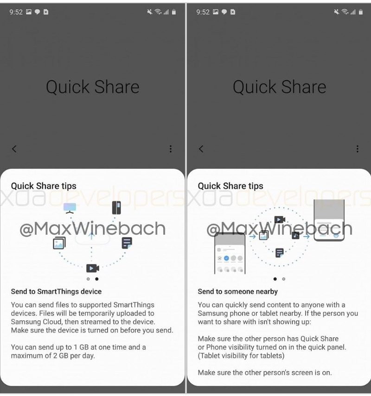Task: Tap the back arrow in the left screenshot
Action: [x=14, y=149]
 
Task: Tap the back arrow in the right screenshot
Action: [x=201, y=149]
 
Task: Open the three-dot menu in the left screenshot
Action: [x=171, y=149]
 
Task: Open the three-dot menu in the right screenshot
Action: [x=358, y=149]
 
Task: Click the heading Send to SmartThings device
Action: [x=56, y=291]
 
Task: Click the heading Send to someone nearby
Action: [x=237, y=291]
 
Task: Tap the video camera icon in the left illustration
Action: [x=93, y=268]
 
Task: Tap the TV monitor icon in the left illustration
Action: [x=70, y=208]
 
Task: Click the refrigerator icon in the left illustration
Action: [x=116, y=207]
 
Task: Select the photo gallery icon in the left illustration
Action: [x=59, y=243]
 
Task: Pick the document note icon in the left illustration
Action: [x=127, y=243]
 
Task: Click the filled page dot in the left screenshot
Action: [x=96, y=279]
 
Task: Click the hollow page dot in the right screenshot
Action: [x=283, y=279]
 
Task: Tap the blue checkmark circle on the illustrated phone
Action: [x=226, y=258]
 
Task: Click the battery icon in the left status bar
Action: [x=174, y=12]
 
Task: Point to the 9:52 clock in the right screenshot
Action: [x=203, y=12]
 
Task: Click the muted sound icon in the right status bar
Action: [x=336, y=12]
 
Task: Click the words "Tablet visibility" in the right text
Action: [x=225, y=356]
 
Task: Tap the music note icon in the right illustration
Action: [x=295, y=235]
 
